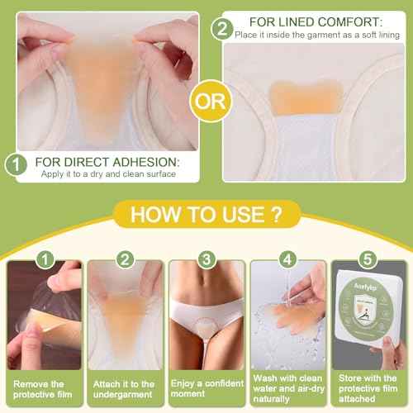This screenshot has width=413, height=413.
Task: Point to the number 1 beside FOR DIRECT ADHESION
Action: [x=15, y=165]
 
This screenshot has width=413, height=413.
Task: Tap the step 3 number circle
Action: [x=206, y=260]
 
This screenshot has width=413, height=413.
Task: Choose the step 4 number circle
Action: [x=287, y=260]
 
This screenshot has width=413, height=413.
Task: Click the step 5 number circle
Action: [x=368, y=260]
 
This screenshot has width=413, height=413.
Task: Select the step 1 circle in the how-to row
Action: [x=45, y=260]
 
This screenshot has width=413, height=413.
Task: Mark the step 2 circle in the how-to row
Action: [x=126, y=260]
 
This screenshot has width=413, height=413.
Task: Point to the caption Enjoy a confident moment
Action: [x=206, y=390]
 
